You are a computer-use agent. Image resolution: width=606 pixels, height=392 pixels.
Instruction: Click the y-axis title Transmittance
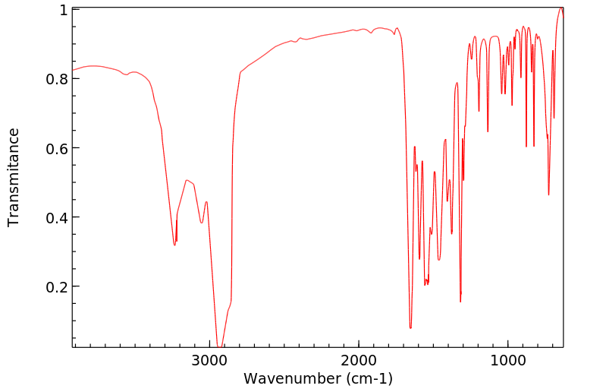pyautogui.click(x=14, y=177)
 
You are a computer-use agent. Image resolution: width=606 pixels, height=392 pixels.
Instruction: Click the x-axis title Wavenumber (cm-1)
pyautogui.click(x=318, y=378)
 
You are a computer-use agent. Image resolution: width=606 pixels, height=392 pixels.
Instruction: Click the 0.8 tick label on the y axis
pyautogui.click(x=59, y=79)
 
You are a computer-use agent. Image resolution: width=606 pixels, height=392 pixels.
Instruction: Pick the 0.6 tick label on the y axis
pyautogui.click(x=59, y=148)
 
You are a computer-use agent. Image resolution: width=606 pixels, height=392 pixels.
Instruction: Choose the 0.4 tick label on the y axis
pyautogui.click(x=59, y=218)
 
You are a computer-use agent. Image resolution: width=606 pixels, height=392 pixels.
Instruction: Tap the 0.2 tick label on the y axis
pyautogui.click(x=59, y=287)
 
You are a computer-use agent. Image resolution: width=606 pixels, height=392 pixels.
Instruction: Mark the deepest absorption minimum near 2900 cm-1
pyautogui.click(x=218, y=346)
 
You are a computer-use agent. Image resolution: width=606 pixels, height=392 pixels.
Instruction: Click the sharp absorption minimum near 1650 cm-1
pyautogui.click(x=410, y=327)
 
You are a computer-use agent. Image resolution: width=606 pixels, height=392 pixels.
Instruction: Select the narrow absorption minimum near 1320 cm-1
pyautogui.click(x=460, y=301)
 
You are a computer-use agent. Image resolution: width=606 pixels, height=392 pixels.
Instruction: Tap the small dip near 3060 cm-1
pyautogui.click(x=202, y=223)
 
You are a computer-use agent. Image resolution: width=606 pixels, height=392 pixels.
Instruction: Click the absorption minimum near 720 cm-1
pyautogui.click(x=548, y=194)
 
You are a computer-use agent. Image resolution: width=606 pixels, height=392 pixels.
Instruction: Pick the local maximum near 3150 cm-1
pyautogui.click(x=187, y=180)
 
